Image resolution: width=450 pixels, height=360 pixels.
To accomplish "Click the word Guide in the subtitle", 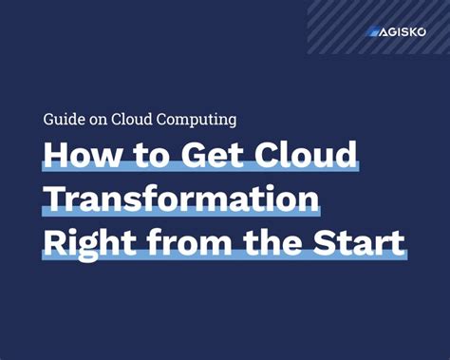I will [x=62, y=121].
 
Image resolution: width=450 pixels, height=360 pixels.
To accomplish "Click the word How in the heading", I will [x=79, y=156].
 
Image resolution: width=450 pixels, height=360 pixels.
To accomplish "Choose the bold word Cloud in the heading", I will [x=303, y=156].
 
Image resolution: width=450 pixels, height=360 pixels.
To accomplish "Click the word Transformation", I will [x=180, y=199].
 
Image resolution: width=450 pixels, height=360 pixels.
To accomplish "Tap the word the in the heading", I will [x=275, y=243].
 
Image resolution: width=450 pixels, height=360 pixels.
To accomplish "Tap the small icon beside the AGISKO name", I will [x=373, y=31].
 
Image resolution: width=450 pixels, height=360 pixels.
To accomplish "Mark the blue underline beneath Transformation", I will [x=180, y=213].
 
